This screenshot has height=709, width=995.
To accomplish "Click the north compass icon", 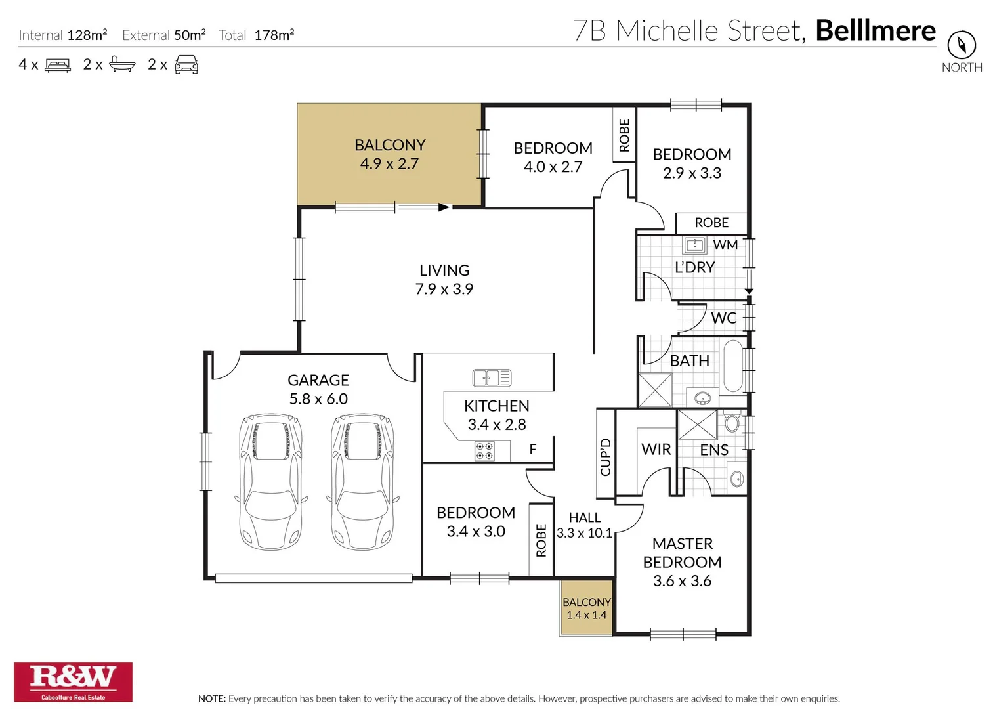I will [x=961, y=45].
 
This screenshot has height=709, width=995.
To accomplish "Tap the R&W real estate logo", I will [x=73, y=681].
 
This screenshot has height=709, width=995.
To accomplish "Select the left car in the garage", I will [x=271, y=481].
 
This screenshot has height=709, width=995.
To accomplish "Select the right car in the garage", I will [x=362, y=481].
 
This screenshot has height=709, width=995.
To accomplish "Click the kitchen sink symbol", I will [x=492, y=377].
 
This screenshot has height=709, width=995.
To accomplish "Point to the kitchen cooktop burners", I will [x=484, y=451].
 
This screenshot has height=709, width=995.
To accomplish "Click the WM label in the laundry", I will [x=725, y=245].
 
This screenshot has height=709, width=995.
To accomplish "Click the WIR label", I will [x=656, y=449].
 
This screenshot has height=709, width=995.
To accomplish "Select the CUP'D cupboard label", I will [x=605, y=457].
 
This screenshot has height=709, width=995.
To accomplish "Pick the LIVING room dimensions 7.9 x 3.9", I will [x=444, y=289].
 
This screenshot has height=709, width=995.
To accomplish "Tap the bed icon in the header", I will [x=57, y=65].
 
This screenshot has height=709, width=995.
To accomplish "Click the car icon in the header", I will [x=186, y=65].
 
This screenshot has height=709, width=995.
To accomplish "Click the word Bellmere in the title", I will [x=875, y=31].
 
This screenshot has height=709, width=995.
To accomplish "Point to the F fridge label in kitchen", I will [x=532, y=449].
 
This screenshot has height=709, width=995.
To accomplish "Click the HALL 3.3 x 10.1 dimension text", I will [x=584, y=533].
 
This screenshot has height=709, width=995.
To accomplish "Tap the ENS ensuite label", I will [x=713, y=450].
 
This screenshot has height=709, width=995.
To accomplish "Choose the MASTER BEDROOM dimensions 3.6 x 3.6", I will [x=682, y=581].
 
